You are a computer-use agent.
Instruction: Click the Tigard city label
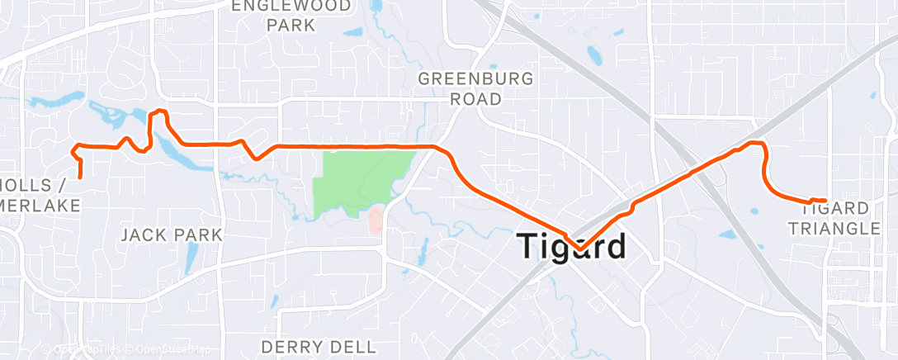click(571, 247)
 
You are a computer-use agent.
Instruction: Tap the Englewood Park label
click(291, 16)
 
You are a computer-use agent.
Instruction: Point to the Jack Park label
click(172, 235)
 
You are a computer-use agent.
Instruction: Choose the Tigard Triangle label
click(839, 219)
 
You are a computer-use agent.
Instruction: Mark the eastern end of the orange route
click(825, 201)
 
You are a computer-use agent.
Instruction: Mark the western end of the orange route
click(80, 176)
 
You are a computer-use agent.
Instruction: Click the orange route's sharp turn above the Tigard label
click(579, 249)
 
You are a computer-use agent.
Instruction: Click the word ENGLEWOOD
click(291, 6)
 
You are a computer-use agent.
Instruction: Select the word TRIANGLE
click(839, 229)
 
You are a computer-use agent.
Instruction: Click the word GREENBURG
click(475, 79)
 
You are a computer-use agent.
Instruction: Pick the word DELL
click(353, 346)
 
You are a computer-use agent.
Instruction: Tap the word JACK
click(147, 235)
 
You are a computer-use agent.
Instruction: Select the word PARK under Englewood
click(291, 26)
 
